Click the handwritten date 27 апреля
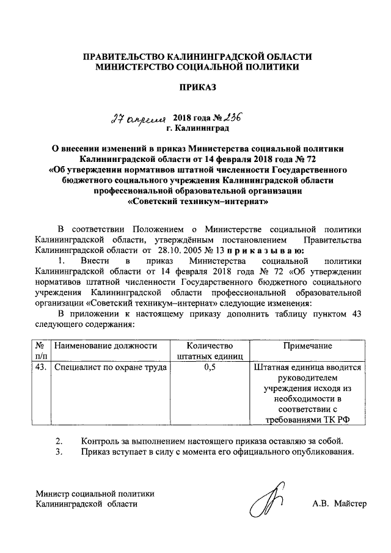point(146,119)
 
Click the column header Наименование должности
point(102,346)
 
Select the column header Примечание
point(307,346)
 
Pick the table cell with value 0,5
point(210,368)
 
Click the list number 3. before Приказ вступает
point(59,452)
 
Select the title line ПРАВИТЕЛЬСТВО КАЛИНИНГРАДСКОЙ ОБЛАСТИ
point(197,56)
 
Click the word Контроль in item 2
point(100,441)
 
